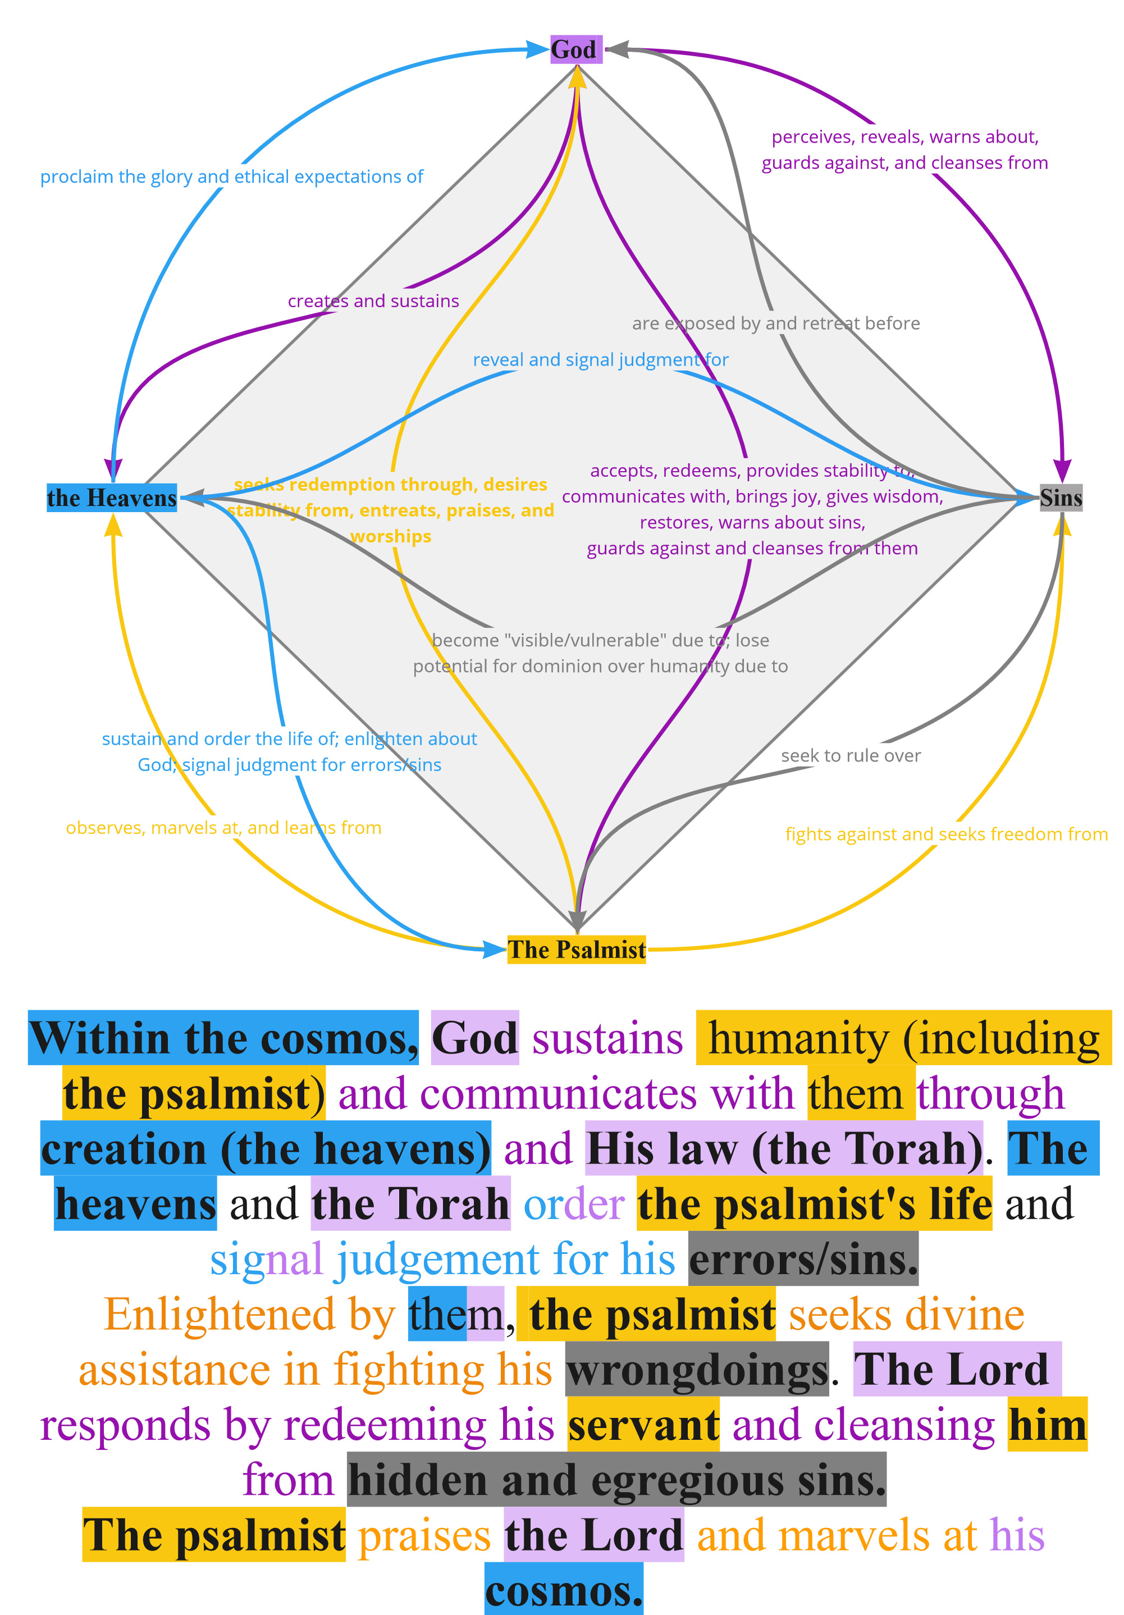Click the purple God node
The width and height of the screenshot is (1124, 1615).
click(575, 49)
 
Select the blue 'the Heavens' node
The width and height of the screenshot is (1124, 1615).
click(111, 498)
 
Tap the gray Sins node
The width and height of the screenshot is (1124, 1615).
click(1060, 498)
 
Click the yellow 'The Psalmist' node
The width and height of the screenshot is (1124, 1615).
click(576, 949)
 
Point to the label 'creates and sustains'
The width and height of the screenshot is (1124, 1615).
click(373, 301)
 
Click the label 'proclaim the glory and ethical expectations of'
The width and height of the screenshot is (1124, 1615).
click(231, 176)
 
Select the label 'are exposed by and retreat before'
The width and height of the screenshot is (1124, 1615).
click(775, 323)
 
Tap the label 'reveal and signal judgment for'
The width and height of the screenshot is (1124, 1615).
click(600, 360)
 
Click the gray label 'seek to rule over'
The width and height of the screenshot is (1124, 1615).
click(849, 755)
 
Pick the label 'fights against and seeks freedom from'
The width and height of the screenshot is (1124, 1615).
click(946, 834)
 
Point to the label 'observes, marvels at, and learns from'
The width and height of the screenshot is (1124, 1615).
click(223, 828)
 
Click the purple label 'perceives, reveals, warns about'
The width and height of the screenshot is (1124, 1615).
click(904, 137)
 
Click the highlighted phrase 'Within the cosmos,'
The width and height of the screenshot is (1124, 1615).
click(223, 1038)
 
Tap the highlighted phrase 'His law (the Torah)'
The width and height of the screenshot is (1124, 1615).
click(783, 1149)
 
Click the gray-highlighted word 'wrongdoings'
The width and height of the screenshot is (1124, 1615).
click(696, 1370)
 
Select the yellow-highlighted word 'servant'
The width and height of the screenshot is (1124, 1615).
click(643, 1425)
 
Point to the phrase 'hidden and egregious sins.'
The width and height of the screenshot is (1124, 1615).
click(616, 1480)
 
